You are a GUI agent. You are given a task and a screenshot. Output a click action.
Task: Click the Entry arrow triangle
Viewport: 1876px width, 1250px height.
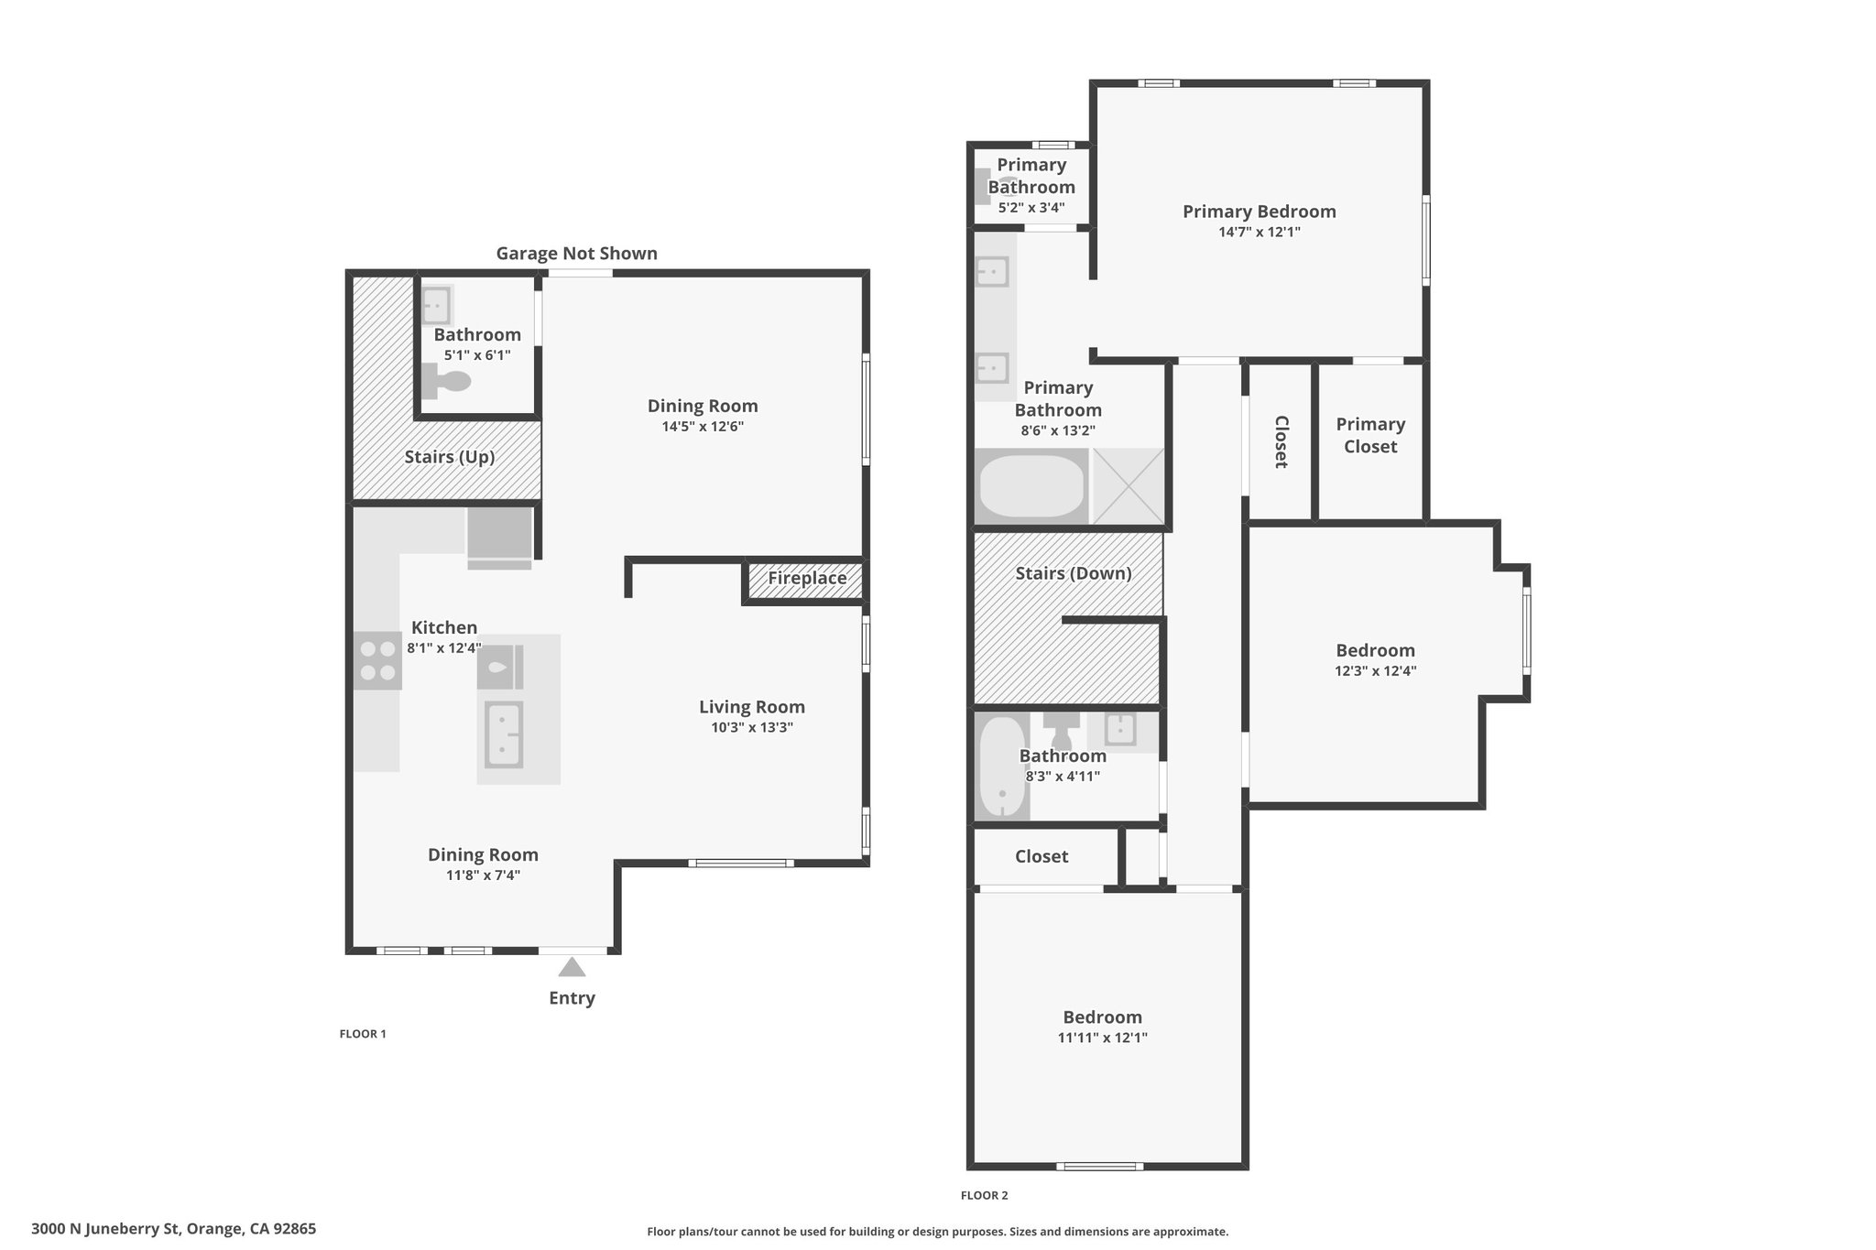(572, 967)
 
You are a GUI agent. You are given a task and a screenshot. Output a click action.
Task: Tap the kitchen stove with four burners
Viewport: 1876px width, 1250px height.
(377, 660)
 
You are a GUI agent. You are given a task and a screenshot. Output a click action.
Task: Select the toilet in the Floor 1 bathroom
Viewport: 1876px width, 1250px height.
(446, 381)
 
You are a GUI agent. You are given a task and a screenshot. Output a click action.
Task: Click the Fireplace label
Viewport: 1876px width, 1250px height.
(807, 578)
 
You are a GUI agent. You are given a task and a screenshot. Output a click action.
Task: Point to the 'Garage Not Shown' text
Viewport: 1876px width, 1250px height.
(577, 253)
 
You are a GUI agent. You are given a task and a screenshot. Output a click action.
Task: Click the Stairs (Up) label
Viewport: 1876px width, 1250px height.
(450, 456)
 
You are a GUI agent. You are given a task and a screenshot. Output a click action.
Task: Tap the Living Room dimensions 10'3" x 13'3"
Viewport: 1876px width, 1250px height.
(752, 727)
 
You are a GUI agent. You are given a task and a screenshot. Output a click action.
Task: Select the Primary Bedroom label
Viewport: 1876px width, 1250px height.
(1260, 212)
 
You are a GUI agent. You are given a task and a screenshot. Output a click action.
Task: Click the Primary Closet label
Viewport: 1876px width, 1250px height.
(1370, 435)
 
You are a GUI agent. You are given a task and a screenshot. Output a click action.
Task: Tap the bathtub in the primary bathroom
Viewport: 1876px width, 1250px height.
(1031, 486)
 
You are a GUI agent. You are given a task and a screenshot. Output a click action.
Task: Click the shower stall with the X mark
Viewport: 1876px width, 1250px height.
(1128, 486)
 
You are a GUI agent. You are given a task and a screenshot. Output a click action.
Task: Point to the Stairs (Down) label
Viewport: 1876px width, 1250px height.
(1074, 573)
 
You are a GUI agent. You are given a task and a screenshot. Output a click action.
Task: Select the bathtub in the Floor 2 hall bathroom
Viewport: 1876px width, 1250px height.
(1001, 766)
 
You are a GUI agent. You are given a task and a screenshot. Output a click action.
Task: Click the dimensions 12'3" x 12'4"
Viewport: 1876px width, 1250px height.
(1376, 670)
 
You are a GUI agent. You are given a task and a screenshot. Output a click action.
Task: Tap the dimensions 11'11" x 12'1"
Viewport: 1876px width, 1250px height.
(1102, 1038)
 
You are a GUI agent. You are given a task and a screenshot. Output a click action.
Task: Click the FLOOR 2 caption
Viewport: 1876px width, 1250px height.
(984, 1195)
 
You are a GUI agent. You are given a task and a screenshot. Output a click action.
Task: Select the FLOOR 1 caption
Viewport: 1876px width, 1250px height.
(363, 1034)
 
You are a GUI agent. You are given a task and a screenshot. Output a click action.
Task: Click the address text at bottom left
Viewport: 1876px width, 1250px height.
(173, 1229)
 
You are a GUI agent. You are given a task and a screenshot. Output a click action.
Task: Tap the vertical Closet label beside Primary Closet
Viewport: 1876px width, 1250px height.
(1282, 441)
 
